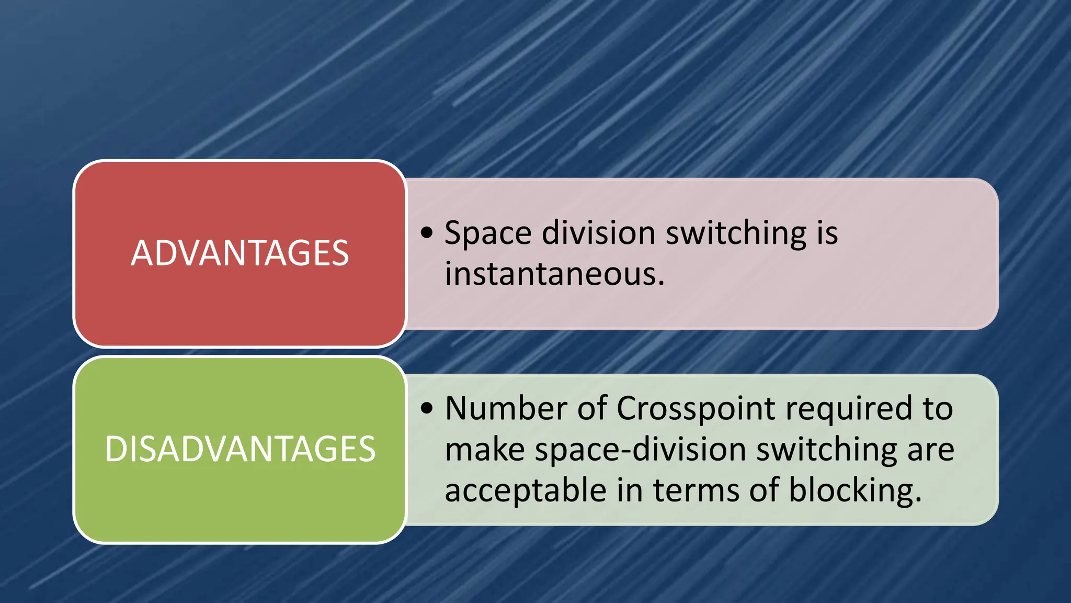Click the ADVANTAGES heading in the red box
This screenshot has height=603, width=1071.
point(240,253)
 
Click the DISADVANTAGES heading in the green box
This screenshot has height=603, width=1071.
point(240,449)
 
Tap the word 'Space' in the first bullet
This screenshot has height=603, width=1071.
point(487,233)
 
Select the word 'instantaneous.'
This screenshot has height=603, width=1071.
point(554,274)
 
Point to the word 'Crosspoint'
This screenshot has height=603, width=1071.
point(696,409)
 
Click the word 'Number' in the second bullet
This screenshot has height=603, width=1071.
point(506,408)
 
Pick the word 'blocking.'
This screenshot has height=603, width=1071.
point(854,491)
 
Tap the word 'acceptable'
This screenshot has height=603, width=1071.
point(525,491)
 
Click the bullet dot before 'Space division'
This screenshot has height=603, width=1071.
point(427,232)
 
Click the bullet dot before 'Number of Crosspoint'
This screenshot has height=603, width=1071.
point(427,408)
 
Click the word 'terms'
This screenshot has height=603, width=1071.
point(696,491)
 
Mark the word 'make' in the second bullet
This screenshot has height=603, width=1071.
point(485,450)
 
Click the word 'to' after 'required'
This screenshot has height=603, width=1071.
point(938,409)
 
